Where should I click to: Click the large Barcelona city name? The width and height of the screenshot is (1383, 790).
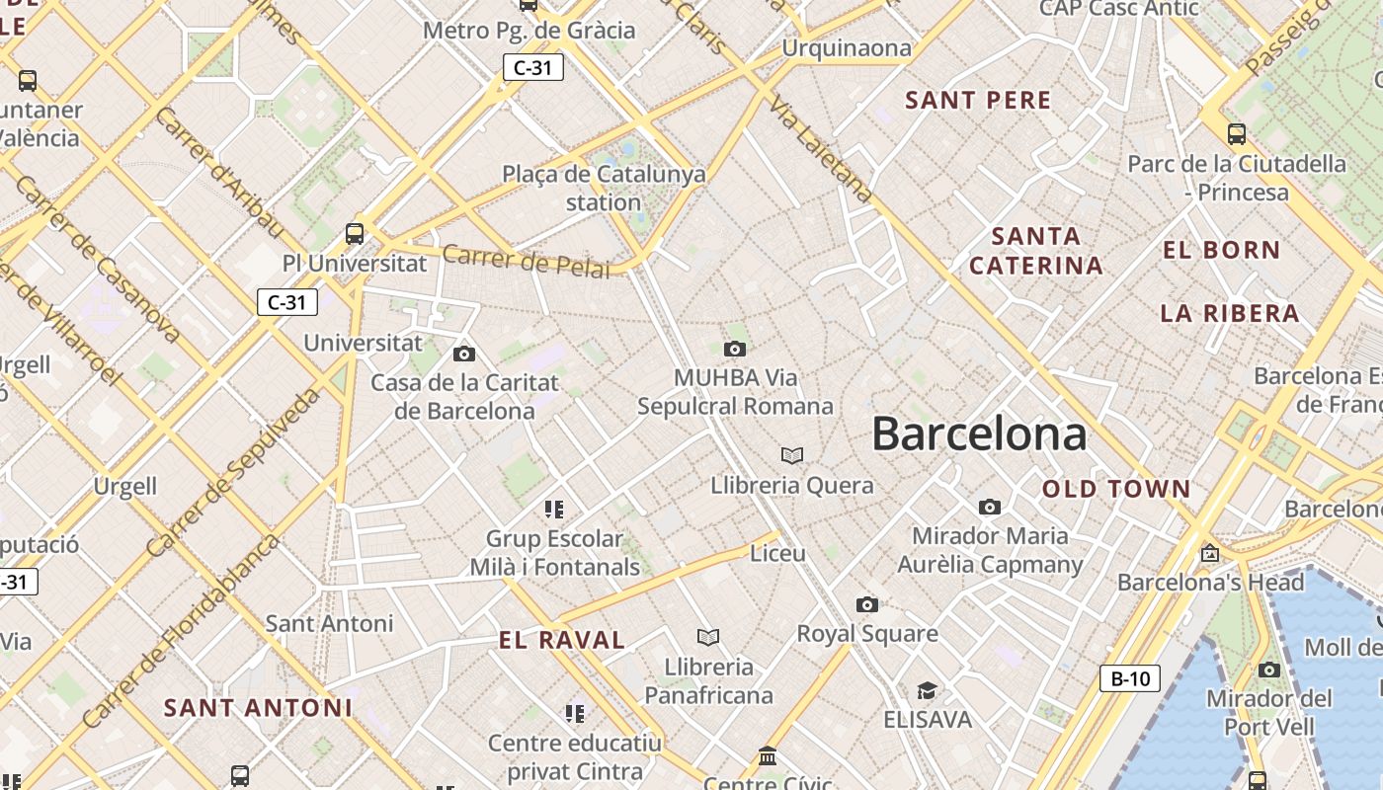979,434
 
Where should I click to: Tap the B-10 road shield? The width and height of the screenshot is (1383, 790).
1129,678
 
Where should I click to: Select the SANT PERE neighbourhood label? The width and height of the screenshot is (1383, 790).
978,100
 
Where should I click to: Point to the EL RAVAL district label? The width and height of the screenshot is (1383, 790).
561,640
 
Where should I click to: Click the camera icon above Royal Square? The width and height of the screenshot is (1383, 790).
866,604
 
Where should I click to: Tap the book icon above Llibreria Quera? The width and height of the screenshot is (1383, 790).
791,455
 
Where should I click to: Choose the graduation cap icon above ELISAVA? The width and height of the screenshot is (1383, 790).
927,690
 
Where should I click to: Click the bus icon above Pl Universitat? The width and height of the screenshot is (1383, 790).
355,234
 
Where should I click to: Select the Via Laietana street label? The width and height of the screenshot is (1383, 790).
820,149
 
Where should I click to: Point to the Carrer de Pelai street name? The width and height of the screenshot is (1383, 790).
526,261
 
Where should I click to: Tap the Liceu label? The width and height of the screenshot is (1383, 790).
778,553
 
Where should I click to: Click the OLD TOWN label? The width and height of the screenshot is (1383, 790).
1116,489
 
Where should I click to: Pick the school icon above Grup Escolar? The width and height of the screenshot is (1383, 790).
554,510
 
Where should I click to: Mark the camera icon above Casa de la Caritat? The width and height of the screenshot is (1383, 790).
463,354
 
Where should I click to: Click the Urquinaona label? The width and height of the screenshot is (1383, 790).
847,48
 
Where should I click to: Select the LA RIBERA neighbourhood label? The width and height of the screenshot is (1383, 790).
1229,313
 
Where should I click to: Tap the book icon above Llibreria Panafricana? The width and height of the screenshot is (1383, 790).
708,637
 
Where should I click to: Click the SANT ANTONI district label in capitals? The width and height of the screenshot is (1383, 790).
258,707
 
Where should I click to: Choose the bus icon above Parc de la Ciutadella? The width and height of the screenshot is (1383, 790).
1236,133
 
